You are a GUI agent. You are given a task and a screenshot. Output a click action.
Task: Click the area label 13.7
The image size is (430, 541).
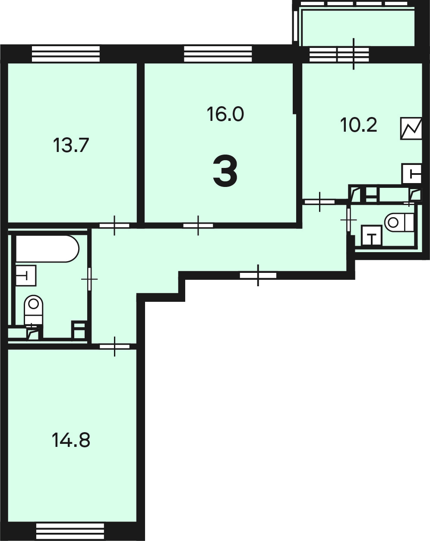[71, 146]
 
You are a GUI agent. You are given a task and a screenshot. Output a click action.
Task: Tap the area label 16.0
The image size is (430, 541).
[225, 114]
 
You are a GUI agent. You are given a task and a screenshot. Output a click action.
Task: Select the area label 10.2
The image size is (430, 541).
[359, 125]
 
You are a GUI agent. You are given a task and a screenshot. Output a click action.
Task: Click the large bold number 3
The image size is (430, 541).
[225, 171]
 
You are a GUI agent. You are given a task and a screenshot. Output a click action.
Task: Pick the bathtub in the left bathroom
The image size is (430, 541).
[47, 249]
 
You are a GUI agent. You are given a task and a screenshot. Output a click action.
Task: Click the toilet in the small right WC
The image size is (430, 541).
[399, 222]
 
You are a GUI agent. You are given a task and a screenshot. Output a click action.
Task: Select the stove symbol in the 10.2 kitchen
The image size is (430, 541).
[411, 129]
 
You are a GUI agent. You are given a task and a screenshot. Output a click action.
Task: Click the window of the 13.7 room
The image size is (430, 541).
[66, 54]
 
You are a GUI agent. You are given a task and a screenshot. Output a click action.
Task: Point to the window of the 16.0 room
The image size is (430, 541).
[218, 54]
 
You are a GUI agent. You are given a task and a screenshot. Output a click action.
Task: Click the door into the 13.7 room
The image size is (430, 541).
[114, 225]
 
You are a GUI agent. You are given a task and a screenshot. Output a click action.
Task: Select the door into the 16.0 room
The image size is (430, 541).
[198, 225]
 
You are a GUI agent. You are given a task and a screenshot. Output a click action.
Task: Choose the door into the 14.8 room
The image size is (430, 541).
[115, 347]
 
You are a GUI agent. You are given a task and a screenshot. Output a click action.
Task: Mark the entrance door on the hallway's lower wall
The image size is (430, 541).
[258, 275]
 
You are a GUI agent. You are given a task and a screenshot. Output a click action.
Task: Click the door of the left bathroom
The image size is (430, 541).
[89, 279]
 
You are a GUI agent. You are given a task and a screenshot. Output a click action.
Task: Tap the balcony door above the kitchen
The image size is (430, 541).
[354, 54]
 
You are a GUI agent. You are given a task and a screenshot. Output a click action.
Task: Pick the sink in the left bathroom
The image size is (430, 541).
[26, 275]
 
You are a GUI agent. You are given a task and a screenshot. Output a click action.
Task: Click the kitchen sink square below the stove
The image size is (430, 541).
[412, 174]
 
